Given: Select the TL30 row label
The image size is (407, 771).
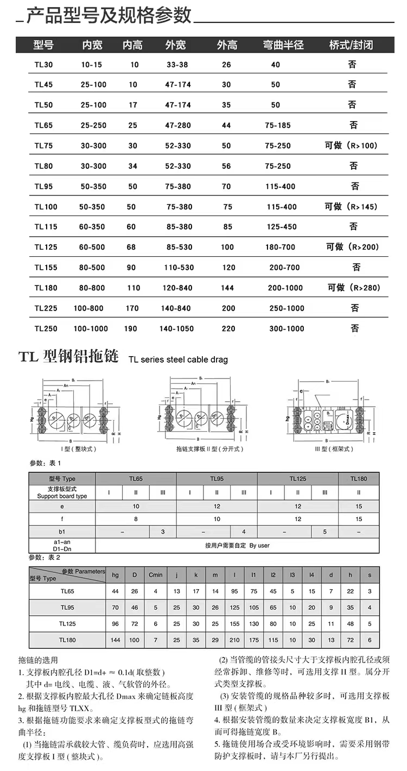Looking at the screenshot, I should click(44, 65).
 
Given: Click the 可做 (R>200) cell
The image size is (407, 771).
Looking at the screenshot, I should click(352, 247).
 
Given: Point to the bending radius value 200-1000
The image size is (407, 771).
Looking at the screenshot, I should click(286, 288).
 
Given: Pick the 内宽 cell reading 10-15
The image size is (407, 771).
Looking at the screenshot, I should click(91, 65).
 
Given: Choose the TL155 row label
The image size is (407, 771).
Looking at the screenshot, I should click(46, 268).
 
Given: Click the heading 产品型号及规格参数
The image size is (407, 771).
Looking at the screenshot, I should click(109, 16).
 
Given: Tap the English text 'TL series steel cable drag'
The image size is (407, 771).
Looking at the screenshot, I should click(178, 359).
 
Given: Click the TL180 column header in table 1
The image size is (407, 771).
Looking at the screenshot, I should click(359, 479).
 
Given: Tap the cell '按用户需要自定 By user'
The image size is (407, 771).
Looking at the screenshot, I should click(237, 545).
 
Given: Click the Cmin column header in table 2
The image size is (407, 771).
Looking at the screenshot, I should click(156, 575).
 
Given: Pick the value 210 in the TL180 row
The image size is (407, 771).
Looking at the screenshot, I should click(234, 640).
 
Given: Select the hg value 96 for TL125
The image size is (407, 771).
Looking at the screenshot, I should click(115, 624).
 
